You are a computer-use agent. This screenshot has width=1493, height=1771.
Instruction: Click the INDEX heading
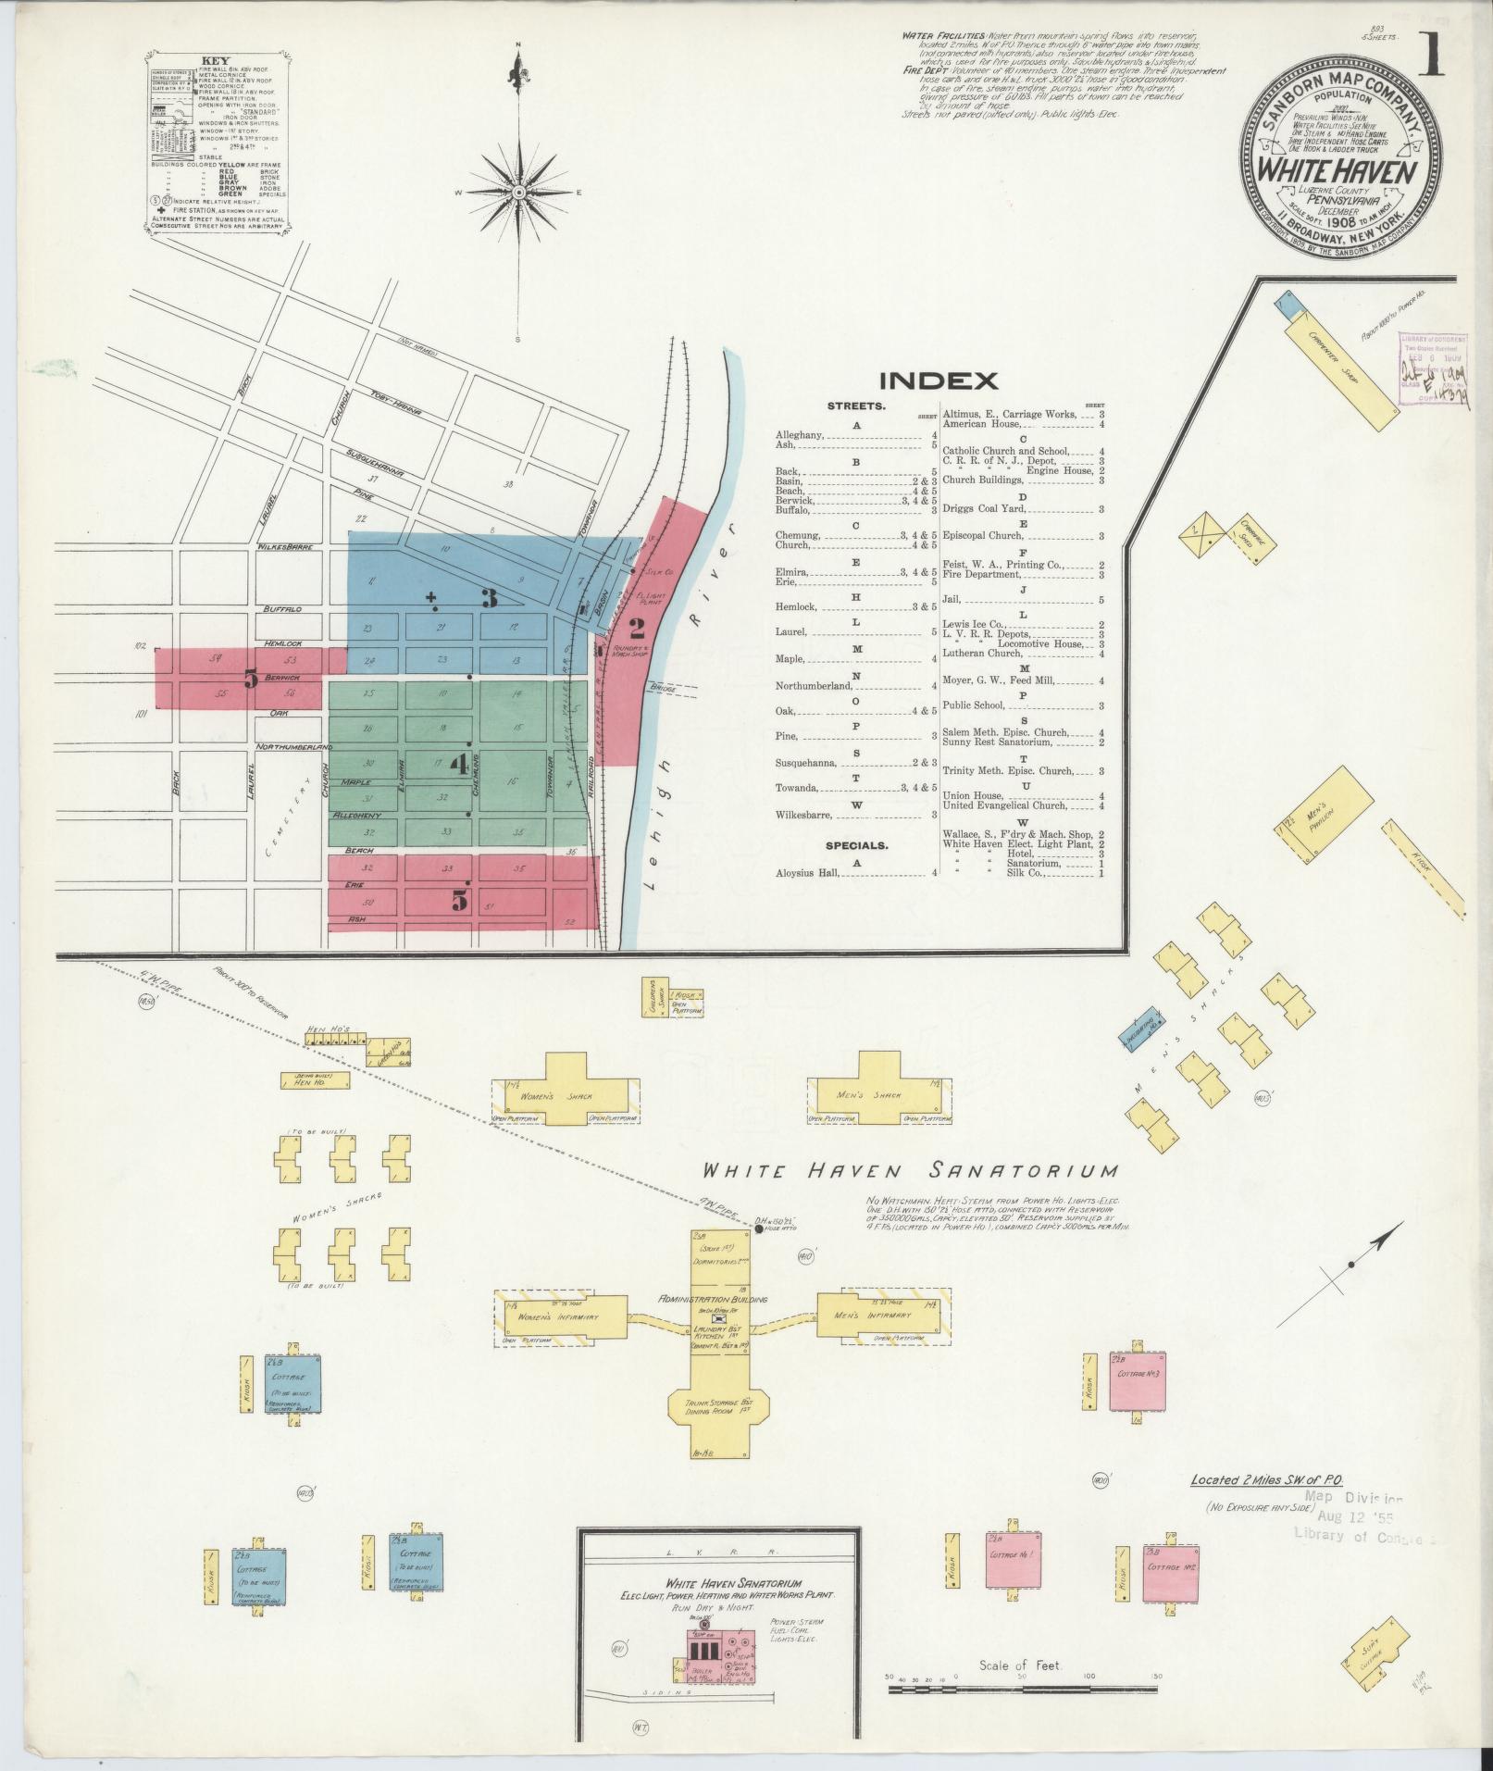(x=938, y=380)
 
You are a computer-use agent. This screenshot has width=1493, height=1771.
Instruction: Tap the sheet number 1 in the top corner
(x=1432, y=56)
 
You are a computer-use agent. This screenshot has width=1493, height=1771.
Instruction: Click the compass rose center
(x=517, y=192)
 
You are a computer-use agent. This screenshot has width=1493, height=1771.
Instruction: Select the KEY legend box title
(x=215, y=60)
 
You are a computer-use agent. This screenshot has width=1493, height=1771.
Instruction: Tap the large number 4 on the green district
(x=459, y=764)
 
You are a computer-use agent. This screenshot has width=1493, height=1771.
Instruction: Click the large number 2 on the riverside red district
(x=636, y=630)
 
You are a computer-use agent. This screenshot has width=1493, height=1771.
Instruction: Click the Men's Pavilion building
(x=1327, y=812)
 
